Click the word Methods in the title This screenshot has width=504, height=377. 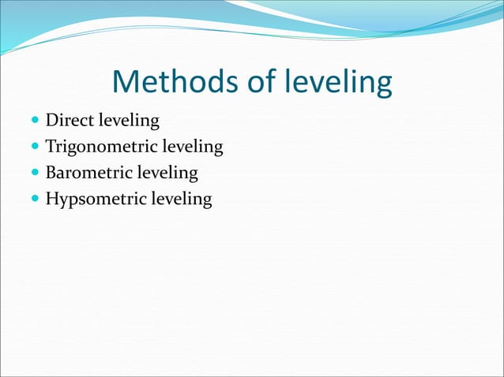tap(170, 83)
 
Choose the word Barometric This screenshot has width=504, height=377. tap(89, 173)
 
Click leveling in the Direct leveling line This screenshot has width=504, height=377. tap(128, 122)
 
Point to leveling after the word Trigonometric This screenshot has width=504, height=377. tap(192, 147)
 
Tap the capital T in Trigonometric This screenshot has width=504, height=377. tap(51, 147)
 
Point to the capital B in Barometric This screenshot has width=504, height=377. tap(51, 172)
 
